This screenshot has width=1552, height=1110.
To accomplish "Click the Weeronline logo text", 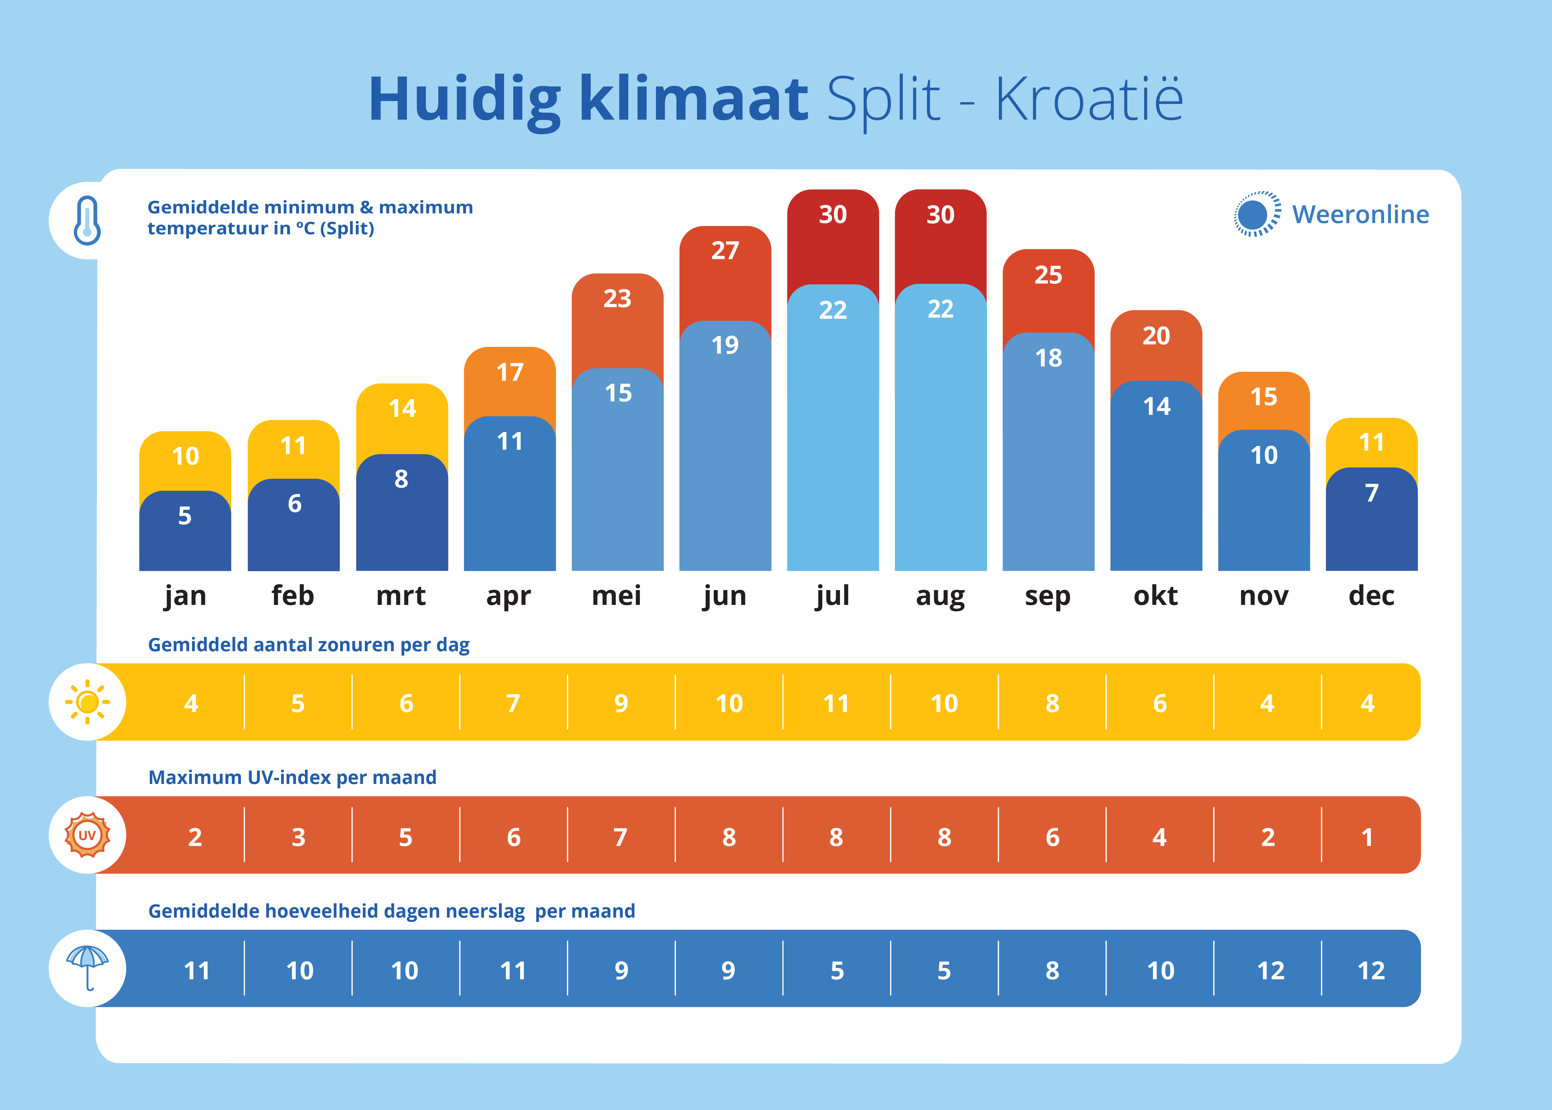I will pos(1360,215).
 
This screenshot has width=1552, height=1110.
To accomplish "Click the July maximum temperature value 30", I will pos(833,215).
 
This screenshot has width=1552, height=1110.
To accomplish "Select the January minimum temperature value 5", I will pos(184,515).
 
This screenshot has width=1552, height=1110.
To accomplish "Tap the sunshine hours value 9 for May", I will pos(621,703).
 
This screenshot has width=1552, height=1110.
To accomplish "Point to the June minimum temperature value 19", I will pos(725,345).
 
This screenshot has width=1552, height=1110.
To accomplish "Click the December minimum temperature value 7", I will pos(1372,493).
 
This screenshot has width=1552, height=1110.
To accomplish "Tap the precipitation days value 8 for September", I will pos(1052,971).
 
